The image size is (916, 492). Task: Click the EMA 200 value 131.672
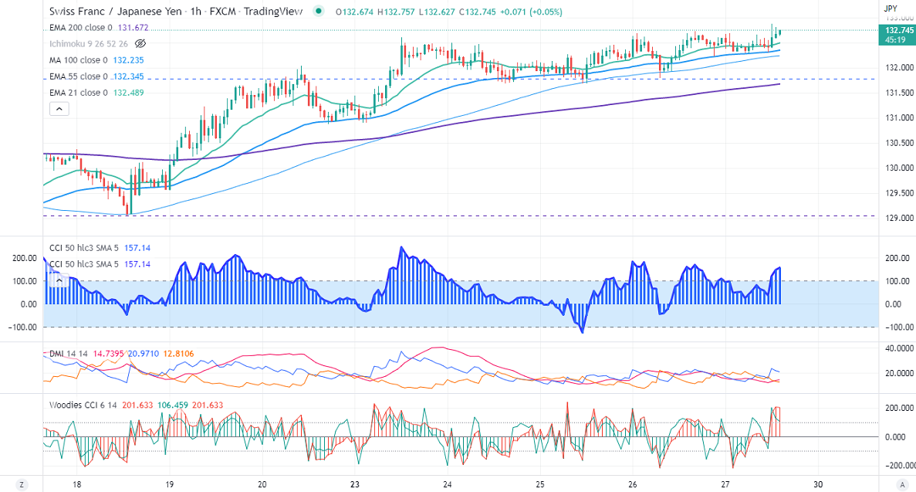[133, 27]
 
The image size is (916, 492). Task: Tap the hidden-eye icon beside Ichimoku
[140, 43]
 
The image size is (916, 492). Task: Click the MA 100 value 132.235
[129, 59]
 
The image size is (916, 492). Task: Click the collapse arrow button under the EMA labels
[59, 109]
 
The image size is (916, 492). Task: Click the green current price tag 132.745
[895, 29]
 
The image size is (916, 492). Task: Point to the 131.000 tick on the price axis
[896, 118]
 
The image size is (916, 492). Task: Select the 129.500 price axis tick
[896, 193]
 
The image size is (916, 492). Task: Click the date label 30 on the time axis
[818, 484]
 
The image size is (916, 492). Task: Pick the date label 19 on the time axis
[170, 484]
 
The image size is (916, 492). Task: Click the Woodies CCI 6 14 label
[83, 405]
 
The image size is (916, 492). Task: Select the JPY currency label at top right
[891, 7]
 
